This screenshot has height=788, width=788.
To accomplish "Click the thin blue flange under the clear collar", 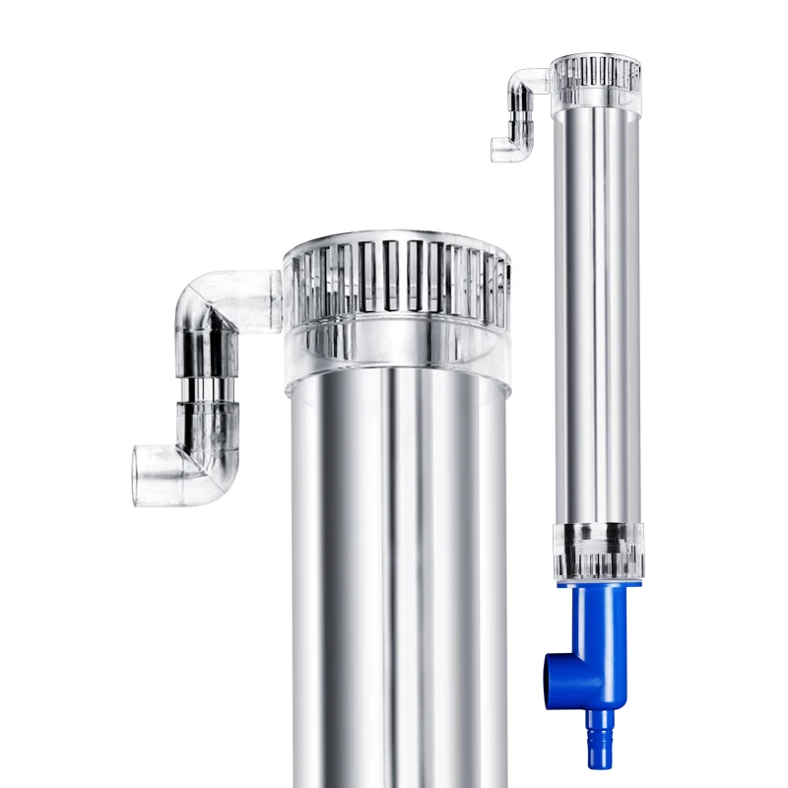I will [598, 584].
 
